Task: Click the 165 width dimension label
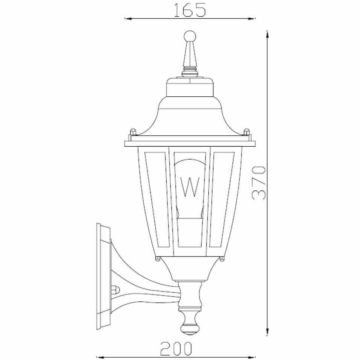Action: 190,10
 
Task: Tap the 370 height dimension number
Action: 259,183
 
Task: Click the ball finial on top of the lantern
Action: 190,37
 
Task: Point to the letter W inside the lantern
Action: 190,187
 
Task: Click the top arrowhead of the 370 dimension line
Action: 267,35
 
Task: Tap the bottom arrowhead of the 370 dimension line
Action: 267,332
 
